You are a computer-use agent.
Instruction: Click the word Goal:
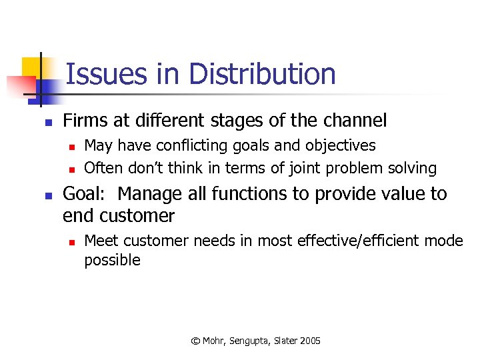point(85,195)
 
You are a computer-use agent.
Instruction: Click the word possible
point(112,261)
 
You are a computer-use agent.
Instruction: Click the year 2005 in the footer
point(310,341)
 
